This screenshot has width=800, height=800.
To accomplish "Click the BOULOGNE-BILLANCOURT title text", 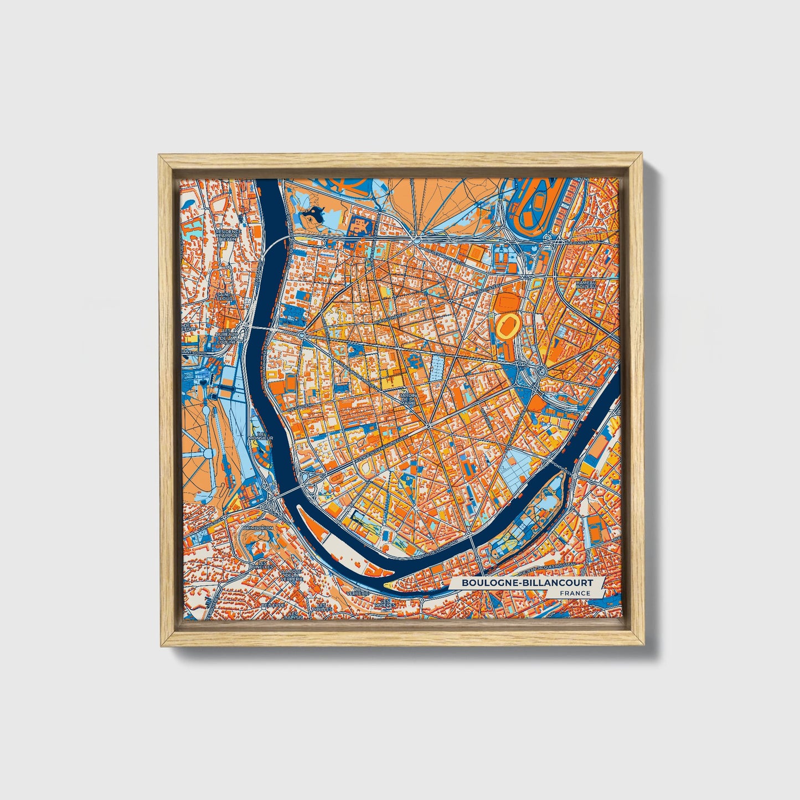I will (x=527, y=582).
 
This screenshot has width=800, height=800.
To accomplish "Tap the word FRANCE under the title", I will (x=574, y=593).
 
